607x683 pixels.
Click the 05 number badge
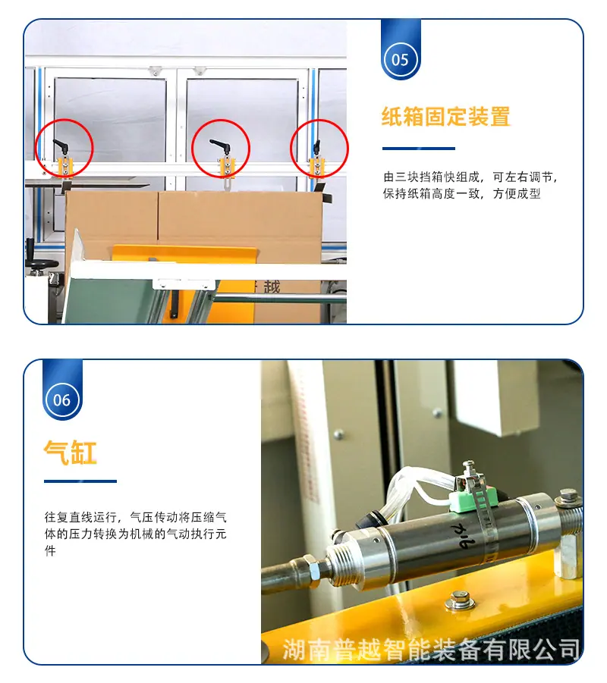[401, 60]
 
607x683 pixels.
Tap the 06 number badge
[62, 400]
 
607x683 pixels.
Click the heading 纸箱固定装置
[445, 116]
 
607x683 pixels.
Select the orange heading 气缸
[71, 453]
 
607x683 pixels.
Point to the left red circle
[36, 149]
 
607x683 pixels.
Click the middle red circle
[193, 149]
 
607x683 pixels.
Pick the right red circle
[291, 149]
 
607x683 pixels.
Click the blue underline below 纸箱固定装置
[419, 149]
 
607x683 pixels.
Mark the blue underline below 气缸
[80, 481]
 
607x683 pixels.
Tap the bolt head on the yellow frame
[459, 600]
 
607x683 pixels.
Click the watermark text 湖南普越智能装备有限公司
[431, 650]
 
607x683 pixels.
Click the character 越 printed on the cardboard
[272, 287]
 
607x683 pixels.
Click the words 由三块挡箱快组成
[432, 177]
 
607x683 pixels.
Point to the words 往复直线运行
[80, 517]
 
